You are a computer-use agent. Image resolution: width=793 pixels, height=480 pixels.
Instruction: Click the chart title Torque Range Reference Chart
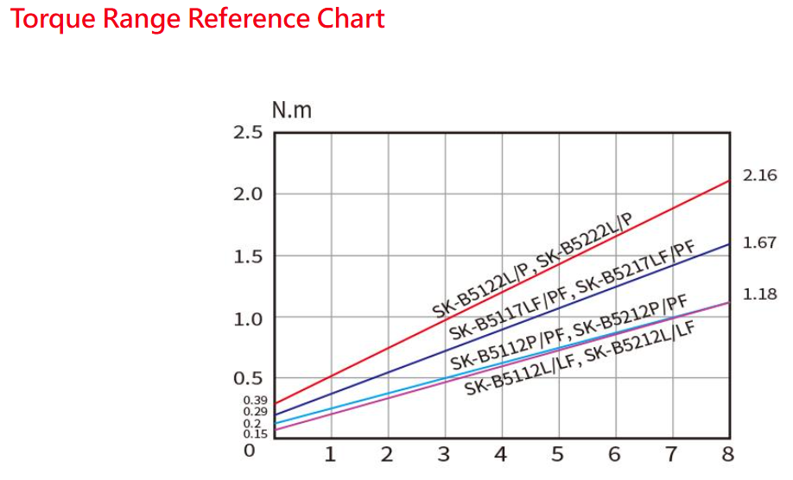[x=198, y=20]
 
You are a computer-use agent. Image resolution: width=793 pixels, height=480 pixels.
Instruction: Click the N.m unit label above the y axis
[x=291, y=111]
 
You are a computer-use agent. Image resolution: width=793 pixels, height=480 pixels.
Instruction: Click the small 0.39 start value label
[x=255, y=401]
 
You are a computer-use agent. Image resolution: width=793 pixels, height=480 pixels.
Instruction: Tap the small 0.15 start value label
[x=255, y=433]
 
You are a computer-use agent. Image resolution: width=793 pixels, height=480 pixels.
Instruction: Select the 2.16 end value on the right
[x=760, y=176]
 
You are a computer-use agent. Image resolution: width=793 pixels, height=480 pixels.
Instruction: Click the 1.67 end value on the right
[x=760, y=243]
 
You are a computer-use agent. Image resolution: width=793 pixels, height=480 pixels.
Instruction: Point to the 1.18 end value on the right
[x=760, y=294]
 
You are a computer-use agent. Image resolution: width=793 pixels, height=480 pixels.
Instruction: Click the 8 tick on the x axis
[x=727, y=454]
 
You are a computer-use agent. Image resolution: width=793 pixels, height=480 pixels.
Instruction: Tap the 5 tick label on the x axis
[x=557, y=454]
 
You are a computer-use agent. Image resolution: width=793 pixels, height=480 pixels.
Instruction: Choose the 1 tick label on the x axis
[x=329, y=454]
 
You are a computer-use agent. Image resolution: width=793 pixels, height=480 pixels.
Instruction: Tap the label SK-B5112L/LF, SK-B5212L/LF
[x=580, y=357]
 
